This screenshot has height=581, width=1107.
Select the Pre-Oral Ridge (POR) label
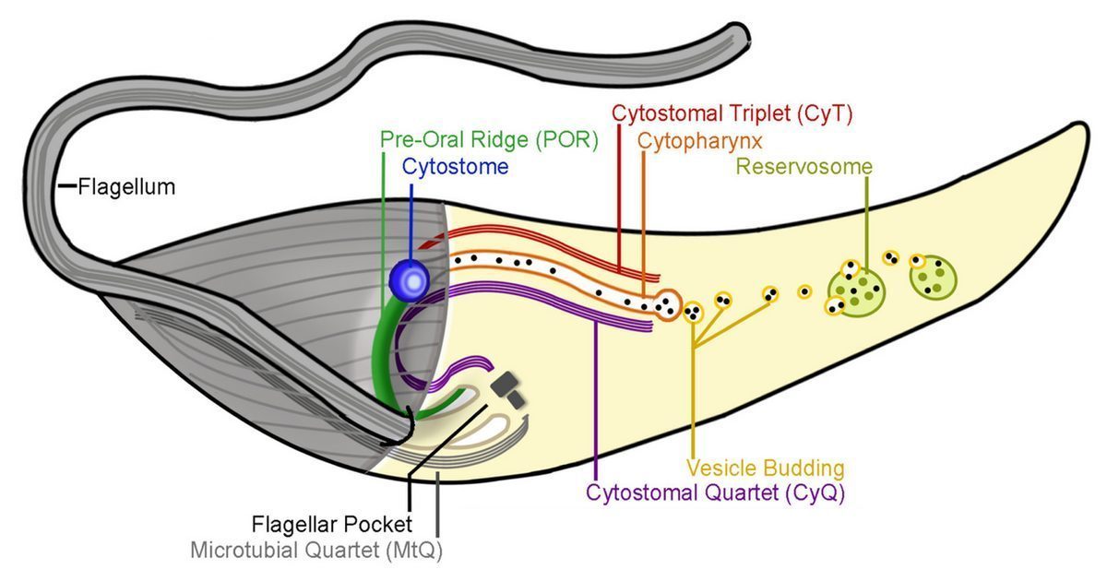coord(490,140)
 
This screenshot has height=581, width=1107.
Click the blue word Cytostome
coord(455,167)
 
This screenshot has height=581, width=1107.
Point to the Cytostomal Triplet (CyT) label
coord(732,114)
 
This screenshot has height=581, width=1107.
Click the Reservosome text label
coord(804,167)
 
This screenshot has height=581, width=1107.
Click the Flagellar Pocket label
coord(331,526)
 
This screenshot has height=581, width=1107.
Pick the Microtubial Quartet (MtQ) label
coord(323,551)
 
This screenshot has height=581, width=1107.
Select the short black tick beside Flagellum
coord(66,187)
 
